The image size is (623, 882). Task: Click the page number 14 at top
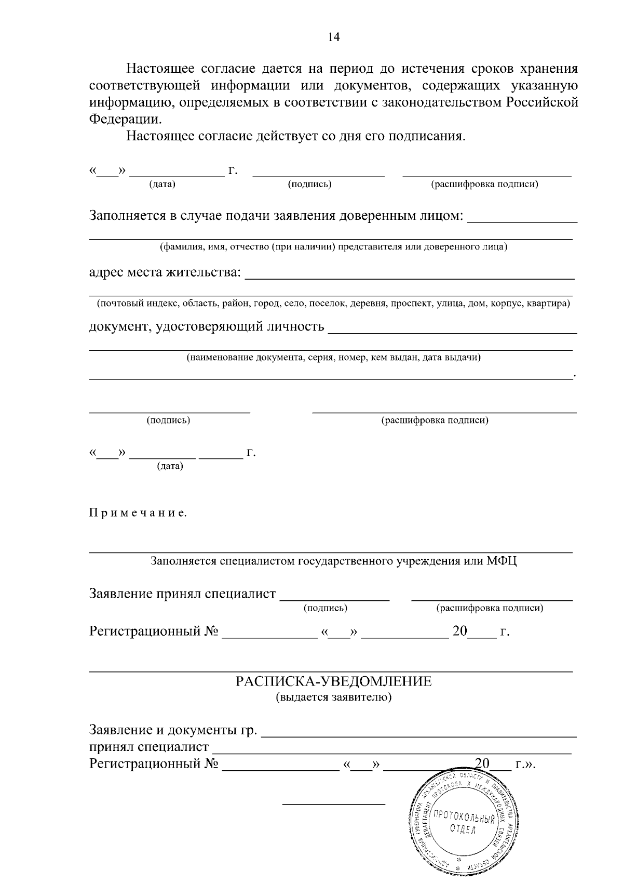click(x=333, y=37)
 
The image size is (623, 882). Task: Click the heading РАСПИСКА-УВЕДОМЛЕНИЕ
click(x=333, y=681)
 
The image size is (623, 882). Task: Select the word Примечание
click(x=138, y=514)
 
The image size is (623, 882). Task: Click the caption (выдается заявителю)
click(x=333, y=697)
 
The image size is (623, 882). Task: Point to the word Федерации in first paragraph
click(x=125, y=119)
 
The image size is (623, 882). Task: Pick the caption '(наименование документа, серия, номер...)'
click(x=333, y=358)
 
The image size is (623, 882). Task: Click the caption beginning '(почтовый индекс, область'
click(x=333, y=304)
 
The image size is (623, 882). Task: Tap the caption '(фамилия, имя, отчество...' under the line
click(x=333, y=246)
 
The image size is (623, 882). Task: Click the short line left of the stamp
click(x=333, y=804)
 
